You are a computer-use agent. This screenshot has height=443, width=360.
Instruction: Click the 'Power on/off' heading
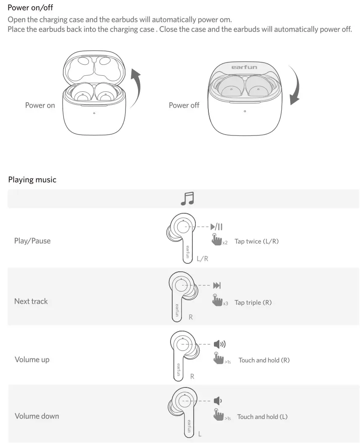(30, 8)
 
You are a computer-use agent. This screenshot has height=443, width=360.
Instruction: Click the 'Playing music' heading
(32, 180)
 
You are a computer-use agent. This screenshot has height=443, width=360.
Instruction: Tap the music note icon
(187, 198)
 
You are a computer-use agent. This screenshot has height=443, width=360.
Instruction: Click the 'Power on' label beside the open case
(40, 105)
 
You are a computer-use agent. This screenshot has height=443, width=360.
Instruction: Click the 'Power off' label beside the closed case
(184, 105)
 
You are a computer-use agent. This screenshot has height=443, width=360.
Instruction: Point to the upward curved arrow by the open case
(136, 88)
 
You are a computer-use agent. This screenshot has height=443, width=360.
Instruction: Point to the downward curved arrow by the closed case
(295, 86)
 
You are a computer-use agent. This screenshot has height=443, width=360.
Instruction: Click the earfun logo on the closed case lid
(244, 67)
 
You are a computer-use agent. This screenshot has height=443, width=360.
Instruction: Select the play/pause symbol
(217, 227)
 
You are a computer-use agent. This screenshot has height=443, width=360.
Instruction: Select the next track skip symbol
(217, 286)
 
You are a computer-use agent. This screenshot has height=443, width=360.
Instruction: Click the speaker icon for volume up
(219, 345)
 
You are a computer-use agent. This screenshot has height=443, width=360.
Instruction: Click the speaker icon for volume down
(217, 400)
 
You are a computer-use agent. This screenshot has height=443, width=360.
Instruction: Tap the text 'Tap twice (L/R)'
(256, 241)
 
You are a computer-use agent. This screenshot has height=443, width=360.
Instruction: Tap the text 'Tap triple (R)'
(253, 302)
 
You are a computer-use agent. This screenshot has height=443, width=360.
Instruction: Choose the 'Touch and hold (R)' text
(264, 360)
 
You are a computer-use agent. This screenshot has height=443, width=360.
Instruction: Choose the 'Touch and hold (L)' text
(262, 417)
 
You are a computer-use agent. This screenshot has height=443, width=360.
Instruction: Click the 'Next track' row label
(31, 301)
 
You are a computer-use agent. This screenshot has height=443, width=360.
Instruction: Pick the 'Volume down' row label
(37, 416)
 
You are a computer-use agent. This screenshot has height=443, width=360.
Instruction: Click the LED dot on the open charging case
(94, 113)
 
